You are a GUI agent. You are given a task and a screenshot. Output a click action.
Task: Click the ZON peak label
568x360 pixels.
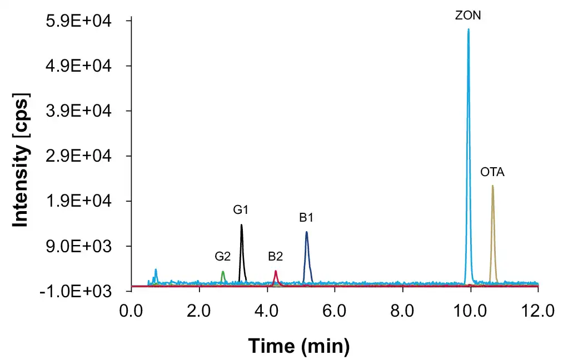click(x=468, y=16)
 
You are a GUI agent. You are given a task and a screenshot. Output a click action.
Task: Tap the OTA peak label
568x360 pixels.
click(x=492, y=172)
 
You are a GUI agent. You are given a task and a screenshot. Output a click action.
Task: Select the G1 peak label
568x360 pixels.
click(x=241, y=210)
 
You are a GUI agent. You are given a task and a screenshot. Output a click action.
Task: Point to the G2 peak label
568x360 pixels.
click(x=223, y=257)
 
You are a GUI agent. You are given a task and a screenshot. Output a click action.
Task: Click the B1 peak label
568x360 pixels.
click(x=306, y=218)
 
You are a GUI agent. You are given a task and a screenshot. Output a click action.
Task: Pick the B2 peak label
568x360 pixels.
click(x=276, y=257)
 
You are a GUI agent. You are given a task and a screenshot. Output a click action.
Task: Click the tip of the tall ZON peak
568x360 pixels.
click(x=469, y=29)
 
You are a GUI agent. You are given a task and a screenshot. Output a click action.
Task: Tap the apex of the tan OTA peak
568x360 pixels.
click(x=492, y=186)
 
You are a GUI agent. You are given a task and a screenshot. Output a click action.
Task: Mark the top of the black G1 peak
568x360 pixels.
click(x=241, y=225)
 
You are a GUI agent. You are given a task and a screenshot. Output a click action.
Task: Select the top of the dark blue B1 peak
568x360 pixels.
click(x=306, y=232)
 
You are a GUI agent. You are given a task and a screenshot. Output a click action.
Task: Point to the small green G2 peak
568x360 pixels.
click(x=223, y=272)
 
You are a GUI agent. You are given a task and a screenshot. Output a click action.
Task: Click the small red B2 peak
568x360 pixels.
click(x=276, y=272)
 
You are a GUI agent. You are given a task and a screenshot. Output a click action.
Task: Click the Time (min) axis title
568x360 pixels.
click(x=298, y=346)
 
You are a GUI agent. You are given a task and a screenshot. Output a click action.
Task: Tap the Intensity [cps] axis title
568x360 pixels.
click(x=21, y=159)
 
